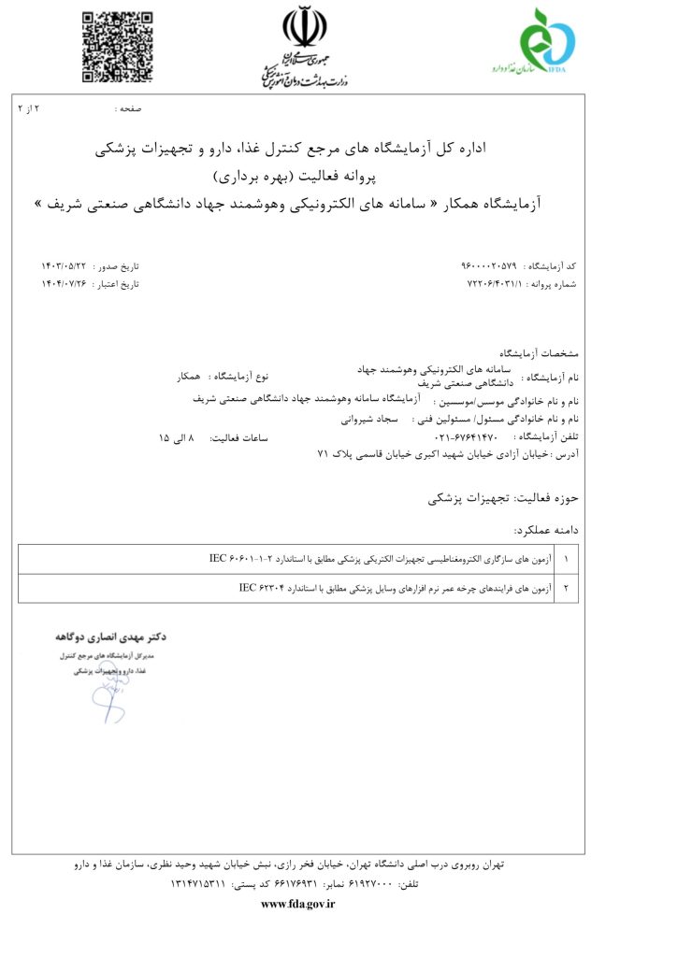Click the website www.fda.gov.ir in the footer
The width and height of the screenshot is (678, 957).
pos(297,904)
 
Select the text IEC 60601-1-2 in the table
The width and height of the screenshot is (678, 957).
pos(240,558)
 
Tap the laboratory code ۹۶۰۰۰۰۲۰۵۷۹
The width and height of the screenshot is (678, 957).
pos(491,266)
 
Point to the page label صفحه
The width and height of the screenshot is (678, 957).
pos(129,109)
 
